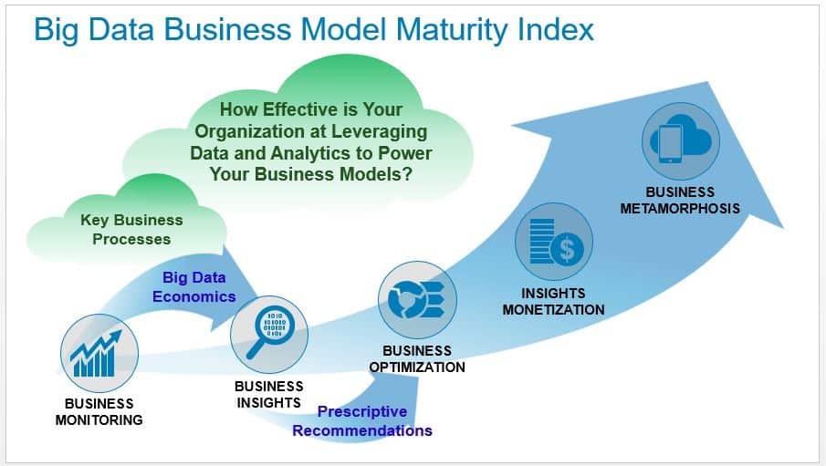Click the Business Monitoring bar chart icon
pos(99,353)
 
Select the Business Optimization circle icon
pos(417,300)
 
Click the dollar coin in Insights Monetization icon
pos(567,248)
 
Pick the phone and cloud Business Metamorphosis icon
pos(681,141)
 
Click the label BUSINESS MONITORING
pos(99,412)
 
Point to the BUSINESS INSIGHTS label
pos(268,394)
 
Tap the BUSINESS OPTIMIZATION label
pos(417,359)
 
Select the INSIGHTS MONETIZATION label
pos(553,302)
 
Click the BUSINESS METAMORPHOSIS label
pos(680,201)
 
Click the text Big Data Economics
pos(193,287)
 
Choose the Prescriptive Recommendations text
pos(362,421)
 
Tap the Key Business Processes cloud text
pos(131,230)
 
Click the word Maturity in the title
pos(454,29)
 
